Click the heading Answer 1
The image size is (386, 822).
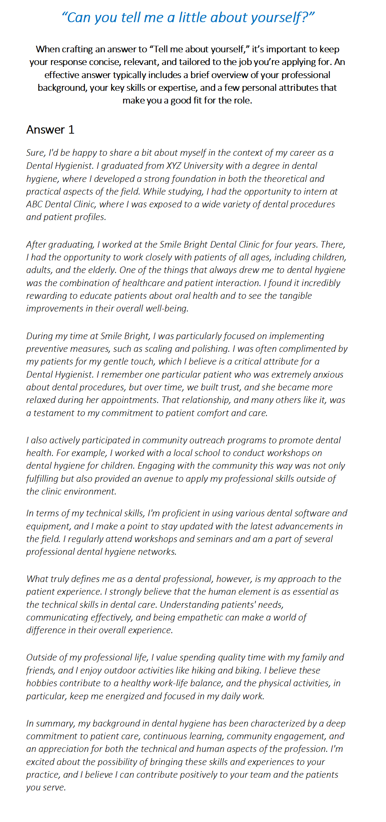click(x=50, y=130)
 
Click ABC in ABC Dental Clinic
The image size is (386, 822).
click(x=34, y=204)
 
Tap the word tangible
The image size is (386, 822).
click(x=295, y=296)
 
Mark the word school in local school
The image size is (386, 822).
click(x=207, y=453)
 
